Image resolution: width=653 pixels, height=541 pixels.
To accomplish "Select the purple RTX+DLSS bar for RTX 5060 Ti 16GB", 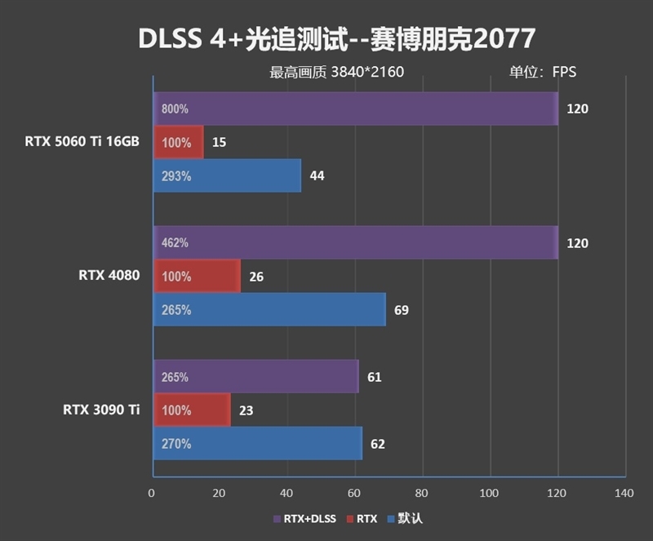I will [355, 109].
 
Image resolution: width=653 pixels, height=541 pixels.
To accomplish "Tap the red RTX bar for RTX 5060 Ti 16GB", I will [177, 142].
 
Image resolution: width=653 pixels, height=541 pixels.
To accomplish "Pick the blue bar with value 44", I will [226, 175].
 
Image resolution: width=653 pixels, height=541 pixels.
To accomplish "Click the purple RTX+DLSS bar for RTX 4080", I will [355, 243].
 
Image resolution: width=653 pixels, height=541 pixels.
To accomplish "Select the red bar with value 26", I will [196, 277].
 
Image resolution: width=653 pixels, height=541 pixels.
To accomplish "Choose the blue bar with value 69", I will [269, 310].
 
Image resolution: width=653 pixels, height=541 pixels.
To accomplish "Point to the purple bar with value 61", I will [255, 377].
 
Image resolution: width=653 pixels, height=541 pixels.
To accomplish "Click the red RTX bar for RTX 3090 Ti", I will [191, 410].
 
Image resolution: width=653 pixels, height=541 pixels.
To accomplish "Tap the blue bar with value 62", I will [256, 444].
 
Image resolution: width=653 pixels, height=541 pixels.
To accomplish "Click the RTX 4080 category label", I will [109, 275].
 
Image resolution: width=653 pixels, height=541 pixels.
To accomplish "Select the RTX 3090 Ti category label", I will [101, 410].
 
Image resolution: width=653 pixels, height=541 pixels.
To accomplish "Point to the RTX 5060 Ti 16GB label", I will [82, 141].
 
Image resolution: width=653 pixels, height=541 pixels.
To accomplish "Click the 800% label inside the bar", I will [175, 109].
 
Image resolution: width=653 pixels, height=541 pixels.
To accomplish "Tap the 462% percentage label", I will [175, 243].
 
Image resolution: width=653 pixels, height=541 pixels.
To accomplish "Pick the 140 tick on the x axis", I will [624, 493].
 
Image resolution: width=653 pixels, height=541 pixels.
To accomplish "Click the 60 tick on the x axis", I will [354, 493].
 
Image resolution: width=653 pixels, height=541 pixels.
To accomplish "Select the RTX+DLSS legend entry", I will [305, 518].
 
